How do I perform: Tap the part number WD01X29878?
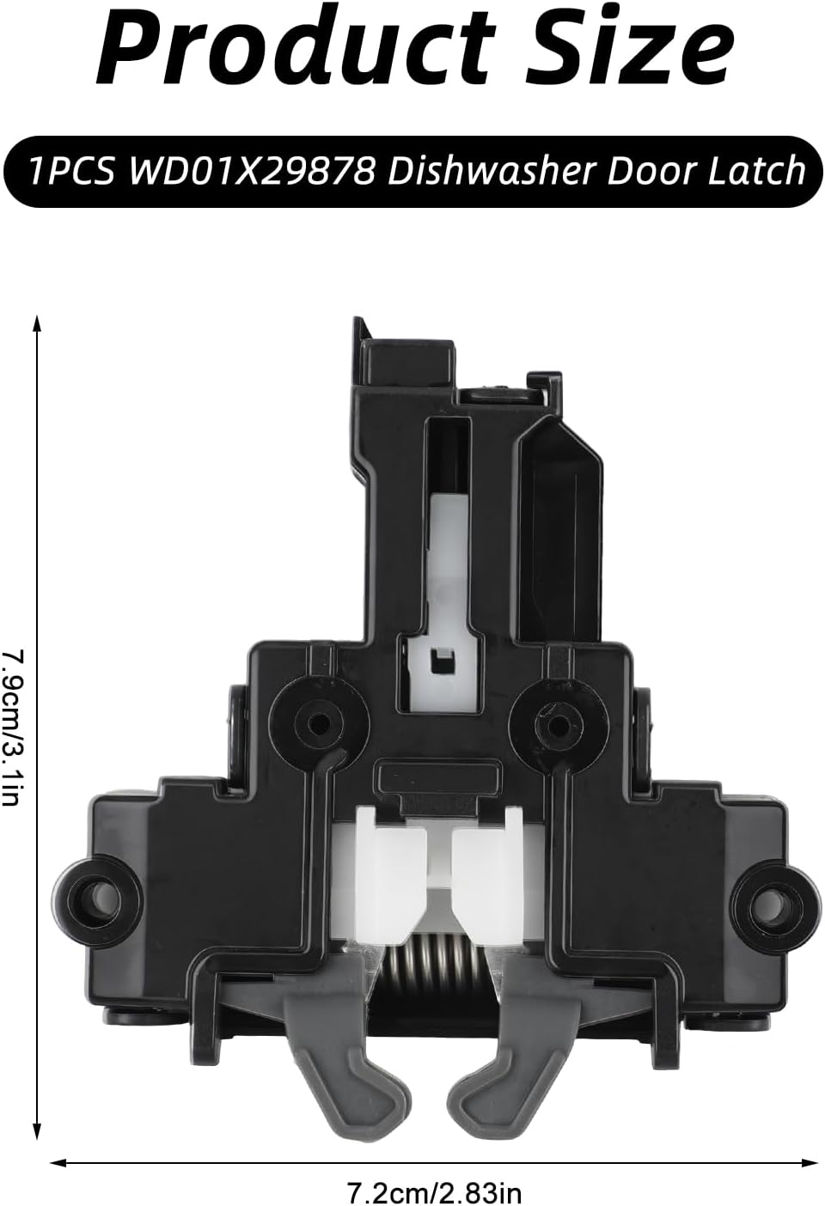point(252,171)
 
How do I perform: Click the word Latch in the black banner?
point(755,171)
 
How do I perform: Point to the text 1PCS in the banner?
point(72,171)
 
